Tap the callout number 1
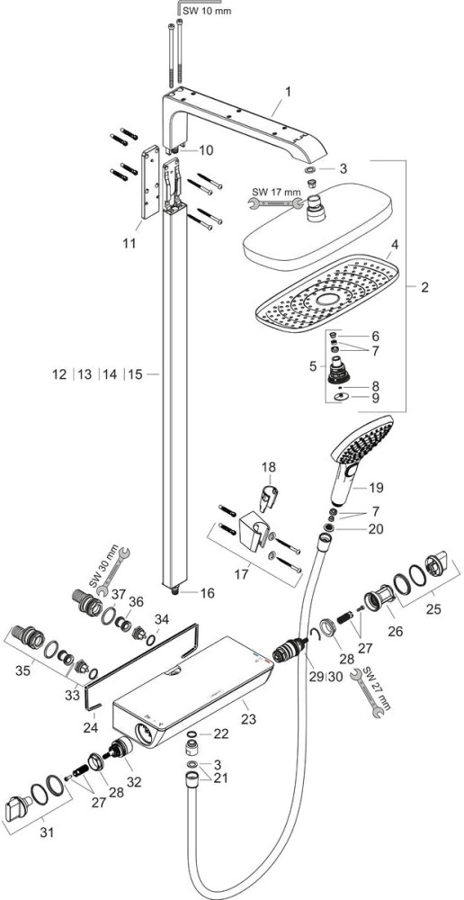289,91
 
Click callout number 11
129,243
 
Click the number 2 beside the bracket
424,288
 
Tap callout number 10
206,150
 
